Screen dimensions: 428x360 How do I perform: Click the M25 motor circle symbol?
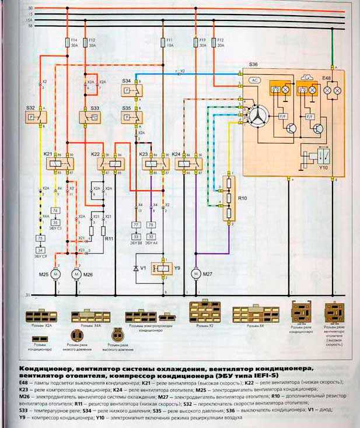pos(57,273)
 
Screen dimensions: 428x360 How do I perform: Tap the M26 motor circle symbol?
pos(76,273)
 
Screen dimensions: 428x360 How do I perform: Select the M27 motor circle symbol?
pos(195,273)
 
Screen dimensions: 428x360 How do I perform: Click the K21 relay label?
pos(48,153)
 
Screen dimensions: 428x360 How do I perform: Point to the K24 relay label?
pos(177,153)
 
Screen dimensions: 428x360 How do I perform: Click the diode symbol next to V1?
pos(136,268)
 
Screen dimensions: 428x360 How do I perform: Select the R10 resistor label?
pos(242,199)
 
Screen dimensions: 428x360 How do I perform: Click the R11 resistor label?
pos(108,239)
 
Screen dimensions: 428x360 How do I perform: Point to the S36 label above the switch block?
pos(253,64)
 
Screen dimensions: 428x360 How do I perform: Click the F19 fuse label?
pos(202,39)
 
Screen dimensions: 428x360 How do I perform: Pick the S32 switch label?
pos(30,108)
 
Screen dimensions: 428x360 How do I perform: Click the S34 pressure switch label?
pos(127,80)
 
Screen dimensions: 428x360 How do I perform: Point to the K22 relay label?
pos(95,153)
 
